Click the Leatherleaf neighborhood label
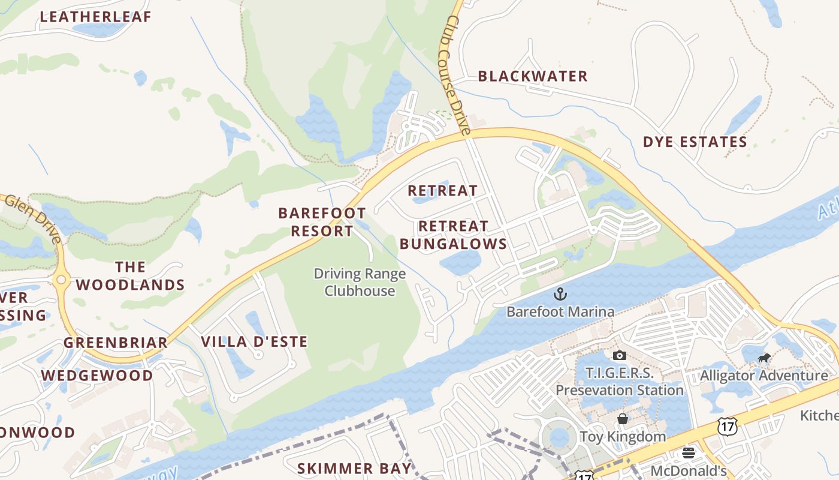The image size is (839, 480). (x=96, y=17)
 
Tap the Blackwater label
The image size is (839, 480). (x=533, y=76)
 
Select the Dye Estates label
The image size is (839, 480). (x=695, y=142)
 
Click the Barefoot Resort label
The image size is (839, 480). (x=322, y=222)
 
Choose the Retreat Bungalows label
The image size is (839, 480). (x=454, y=235)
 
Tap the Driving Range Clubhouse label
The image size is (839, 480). (x=360, y=283)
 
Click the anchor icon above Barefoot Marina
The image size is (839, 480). (x=560, y=294)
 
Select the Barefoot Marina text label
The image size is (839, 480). (x=560, y=312)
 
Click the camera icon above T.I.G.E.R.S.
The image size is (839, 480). (x=620, y=356)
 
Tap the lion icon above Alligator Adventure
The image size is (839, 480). (x=763, y=359)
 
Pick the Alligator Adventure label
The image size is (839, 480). (x=764, y=376)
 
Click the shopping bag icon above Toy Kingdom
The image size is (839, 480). (x=623, y=419)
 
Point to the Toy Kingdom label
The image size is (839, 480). (x=623, y=436)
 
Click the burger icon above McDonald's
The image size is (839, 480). (x=689, y=453)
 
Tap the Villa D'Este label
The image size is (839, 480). (x=254, y=342)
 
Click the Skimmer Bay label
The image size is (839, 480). (x=355, y=468)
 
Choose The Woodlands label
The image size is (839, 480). (x=131, y=275)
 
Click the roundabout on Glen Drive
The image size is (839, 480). (x=61, y=280)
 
